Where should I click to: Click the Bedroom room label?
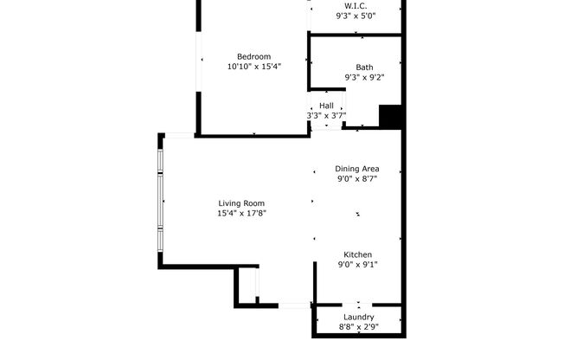click(x=253, y=56)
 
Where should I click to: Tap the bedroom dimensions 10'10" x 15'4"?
click(x=253, y=66)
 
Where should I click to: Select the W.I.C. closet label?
click(x=356, y=5)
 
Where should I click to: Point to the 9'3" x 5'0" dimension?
click(x=356, y=15)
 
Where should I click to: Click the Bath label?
click(x=364, y=67)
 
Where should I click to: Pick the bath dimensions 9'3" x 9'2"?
click(x=364, y=77)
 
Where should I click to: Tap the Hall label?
click(x=326, y=106)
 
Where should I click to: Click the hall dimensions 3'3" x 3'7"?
click(x=326, y=115)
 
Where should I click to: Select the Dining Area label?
click(x=357, y=169)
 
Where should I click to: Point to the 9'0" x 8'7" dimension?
click(x=357, y=178)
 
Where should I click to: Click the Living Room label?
click(x=241, y=203)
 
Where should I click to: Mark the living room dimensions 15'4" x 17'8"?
click(x=241, y=213)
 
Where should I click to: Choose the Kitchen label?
click(x=357, y=255)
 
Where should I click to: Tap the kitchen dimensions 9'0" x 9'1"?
click(x=357, y=265)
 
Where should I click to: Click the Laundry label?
click(x=357, y=318)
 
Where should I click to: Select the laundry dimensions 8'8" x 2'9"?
click(x=357, y=327)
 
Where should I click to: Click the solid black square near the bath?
click(x=391, y=117)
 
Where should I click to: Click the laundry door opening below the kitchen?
click(x=358, y=305)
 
